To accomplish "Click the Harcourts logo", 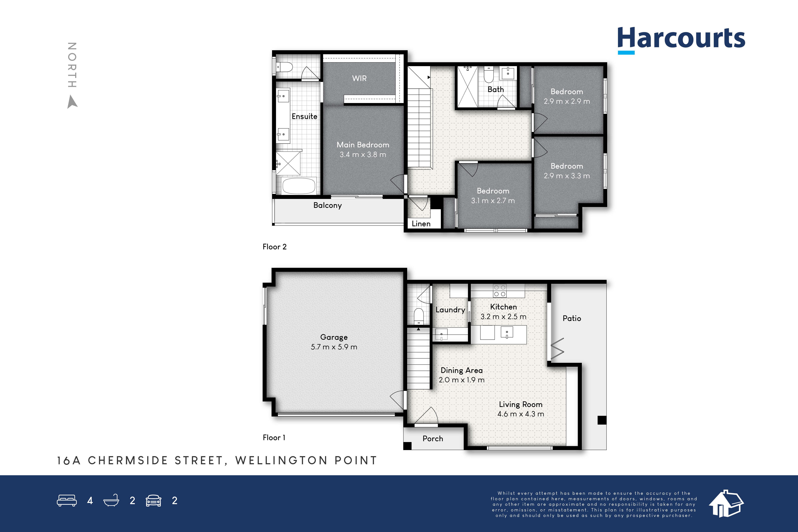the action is pyautogui.click(x=681, y=40).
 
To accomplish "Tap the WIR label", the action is pyautogui.click(x=359, y=78).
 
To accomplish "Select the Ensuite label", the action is pyautogui.click(x=304, y=116).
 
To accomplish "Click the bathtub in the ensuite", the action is pyautogui.click(x=299, y=186).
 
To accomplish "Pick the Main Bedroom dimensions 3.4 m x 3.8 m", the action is pyautogui.click(x=363, y=155).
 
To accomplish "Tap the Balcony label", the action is pyautogui.click(x=327, y=205).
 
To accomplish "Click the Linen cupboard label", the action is pyautogui.click(x=421, y=224).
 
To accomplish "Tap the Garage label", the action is pyautogui.click(x=334, y=337).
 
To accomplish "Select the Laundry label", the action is pyautogui.click(x=450, y=310).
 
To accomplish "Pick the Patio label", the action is pyautogui.click(x=572, y=318).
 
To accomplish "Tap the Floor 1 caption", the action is pyautogui.click(x=274, y=438).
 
